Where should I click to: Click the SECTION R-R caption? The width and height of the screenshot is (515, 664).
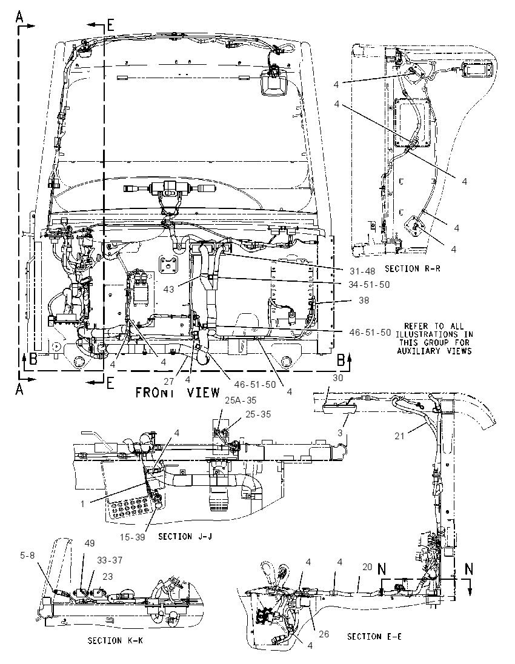412,268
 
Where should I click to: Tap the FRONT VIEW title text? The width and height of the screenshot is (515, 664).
178,393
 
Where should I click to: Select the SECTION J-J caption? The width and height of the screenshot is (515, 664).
185,536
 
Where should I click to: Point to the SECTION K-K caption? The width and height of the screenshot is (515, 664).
115,640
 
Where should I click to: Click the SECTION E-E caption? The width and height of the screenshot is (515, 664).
374,637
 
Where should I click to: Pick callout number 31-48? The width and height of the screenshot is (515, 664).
362,271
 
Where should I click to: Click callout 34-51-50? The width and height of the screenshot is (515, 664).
369,285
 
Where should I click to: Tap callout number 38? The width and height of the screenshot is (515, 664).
364,300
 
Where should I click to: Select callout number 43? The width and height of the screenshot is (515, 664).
168,289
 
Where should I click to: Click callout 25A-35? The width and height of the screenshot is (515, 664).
240,400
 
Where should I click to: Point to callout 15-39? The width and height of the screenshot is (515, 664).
133,537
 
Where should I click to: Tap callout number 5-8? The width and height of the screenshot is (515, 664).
27,555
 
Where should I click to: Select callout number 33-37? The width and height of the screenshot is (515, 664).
110,560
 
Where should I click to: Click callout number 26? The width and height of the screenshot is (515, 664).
324,634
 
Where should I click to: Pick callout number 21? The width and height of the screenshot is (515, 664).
400,436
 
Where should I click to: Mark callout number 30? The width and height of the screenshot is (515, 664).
337,378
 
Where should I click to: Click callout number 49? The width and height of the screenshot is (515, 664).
89,543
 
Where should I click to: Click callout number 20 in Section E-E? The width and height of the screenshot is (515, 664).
367,567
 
